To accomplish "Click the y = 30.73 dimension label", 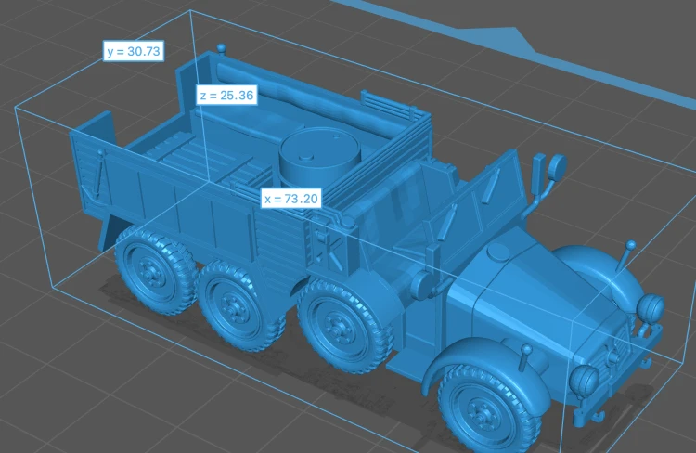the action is tap(133, 51).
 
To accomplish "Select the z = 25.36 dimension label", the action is tap(226, 95).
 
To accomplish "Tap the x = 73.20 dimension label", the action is tap(291, 198).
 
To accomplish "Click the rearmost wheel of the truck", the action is tap(154, 268).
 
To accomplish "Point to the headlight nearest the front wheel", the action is tap(584, 381).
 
